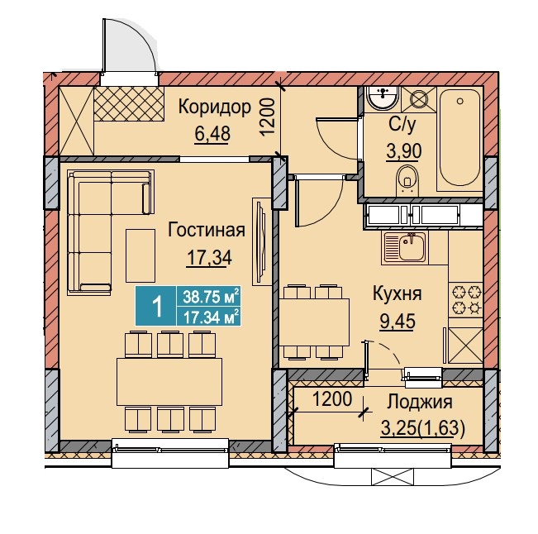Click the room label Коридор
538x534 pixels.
215,107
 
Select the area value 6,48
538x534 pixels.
212,133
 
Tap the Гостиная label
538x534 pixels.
207,230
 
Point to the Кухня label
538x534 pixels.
397,293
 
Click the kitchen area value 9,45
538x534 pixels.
397,321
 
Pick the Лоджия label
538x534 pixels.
419,402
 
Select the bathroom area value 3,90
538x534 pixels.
404,151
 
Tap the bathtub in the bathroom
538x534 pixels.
459,137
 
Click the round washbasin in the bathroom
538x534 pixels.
382,97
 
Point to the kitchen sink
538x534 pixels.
404,247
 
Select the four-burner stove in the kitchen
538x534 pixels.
466,300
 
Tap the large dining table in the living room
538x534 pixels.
169,382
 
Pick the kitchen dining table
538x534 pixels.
314,322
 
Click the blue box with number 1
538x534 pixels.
156,306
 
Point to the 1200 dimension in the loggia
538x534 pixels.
332,399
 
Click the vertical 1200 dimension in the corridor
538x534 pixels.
268,117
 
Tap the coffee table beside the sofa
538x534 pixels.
140,255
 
